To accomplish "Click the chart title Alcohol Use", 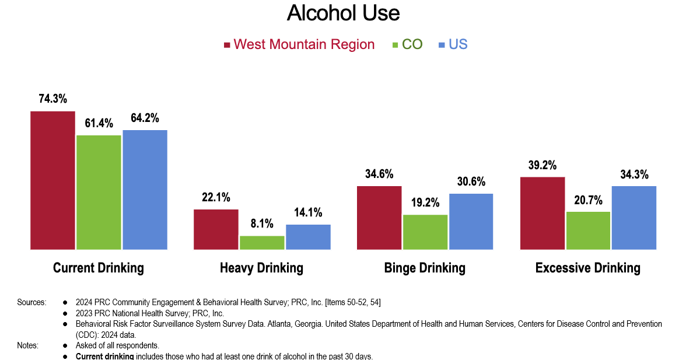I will [x=343, y=13].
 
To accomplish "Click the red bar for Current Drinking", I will [x=53, y=180].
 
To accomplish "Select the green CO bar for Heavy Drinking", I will [x=262, y=243].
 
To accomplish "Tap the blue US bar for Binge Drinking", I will [x=471, y=222].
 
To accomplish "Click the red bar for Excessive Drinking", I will [x=542, y=213].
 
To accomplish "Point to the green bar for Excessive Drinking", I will [x=588, y=230].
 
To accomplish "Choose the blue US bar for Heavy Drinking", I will [x=308, y=237].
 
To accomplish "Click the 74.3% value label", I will [x=53, y=99].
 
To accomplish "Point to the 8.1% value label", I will [x=262, y=224].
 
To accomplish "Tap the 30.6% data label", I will [x=471, y=181].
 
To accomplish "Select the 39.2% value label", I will [x=542, y=165].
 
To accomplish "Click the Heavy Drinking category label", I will [x=261, y=268].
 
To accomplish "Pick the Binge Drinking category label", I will [x=425, y=268].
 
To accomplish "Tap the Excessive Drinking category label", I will [x=587, y=268].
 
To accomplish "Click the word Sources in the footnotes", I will [x=32, y=302].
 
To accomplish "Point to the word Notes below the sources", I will [x=28, y=345].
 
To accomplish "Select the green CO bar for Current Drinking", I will [x=99, y=193].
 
